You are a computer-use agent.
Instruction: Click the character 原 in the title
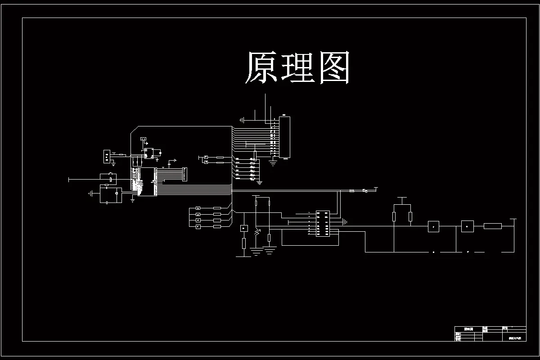pyautogui.click(x=261, y=68)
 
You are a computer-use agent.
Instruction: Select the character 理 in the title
pyautogui.click(x=297, y=68)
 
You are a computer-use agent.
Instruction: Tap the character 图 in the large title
pyautogui.click(x=334, y=68)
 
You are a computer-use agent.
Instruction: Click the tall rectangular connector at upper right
pyautogui.click(x=284, y=137)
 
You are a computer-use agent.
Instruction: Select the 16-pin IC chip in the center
pyautogui.click(x=323, y=223)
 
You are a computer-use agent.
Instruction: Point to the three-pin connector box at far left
pyautogui.click(x=107, y=156)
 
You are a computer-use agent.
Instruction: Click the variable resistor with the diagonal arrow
pyautogui.click(x=257, y=233)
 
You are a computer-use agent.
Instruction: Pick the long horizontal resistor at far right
pyautogui.click(x=492, y=226)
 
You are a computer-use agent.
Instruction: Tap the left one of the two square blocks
pyautogui.click(x=433, y=226)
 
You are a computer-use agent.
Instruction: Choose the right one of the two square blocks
pyautogui.click(x=467, y=226)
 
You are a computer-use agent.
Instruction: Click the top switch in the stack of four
pyautogui.click(x=198, y=208)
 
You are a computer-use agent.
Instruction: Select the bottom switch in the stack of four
pyautogui.click(x=198, y=227)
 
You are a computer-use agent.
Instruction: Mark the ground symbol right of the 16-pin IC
pyautogui.click(x=344, y=221)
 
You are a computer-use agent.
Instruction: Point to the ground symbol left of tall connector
pyautogui.click(x=242, y=120)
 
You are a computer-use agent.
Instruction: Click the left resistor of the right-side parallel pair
pyautogui.click(x=394, y=217)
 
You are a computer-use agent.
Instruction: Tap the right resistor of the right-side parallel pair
pyautogui.click(x=410, y=217)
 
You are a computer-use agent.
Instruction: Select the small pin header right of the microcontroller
pyautogui.click(x=184, y=174)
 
